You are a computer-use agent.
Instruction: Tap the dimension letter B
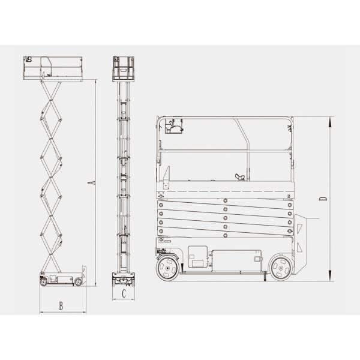pyautogui.click(x=61, y=305)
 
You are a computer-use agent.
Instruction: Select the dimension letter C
pyautogui.click(x=123, y=294)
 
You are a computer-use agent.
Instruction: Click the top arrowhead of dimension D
pyautogui.click(x=331, y=120)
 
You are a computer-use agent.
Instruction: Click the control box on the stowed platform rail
pyautogui.click(x=173, y=127)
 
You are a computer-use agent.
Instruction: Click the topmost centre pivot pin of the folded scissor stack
pyautogui.click(x=224, y=200)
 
